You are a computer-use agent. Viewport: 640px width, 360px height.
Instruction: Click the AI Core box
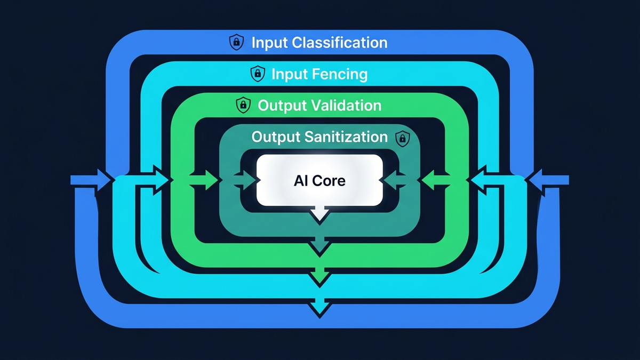[x=319, y=181]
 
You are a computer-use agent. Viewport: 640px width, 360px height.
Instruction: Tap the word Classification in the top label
[x=339, y=43]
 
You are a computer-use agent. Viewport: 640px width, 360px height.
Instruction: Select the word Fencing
[x=336, y=74]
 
